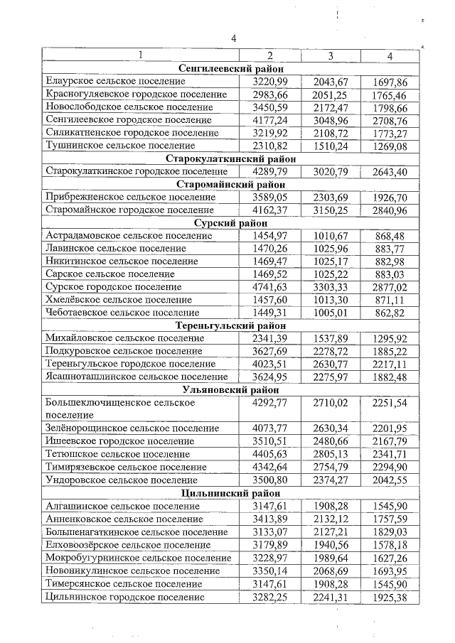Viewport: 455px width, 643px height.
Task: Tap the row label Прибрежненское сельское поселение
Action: tap(129, 197)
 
